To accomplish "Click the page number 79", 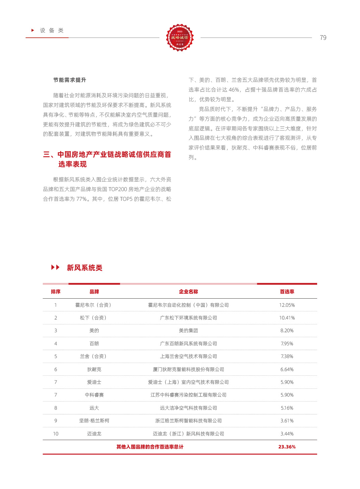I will [x=323, y=38].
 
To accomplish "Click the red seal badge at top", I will [x=180, y=38].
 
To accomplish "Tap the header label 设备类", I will [x=52, y=30].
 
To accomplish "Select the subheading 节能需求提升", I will [x=70, y=80].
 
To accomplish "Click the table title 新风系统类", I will [x=84, y=268].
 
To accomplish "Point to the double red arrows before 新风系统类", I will [x=55, y=267].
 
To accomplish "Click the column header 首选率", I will [x=287, y=292].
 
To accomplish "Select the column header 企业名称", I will [x=188, y=292].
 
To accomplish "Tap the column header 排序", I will [x=56, y=292].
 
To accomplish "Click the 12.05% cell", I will [x=287, y=305].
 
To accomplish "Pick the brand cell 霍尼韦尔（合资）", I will [x=94, y=305].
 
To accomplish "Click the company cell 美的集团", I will [x=188, y=330].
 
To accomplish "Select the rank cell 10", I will [x=56, y=434].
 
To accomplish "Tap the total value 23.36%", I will [x=287, y=447].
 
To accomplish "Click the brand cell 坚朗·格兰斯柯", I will [x=94, y=421].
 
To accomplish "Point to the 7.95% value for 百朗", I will [x=287, y=344].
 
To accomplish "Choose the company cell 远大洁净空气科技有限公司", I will [x=188, y=408].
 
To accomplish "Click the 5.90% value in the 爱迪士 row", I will [x=287, y=382].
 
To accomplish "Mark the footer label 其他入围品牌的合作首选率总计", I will [x=150, y=447].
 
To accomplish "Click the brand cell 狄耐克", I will [x=94, y=369].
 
